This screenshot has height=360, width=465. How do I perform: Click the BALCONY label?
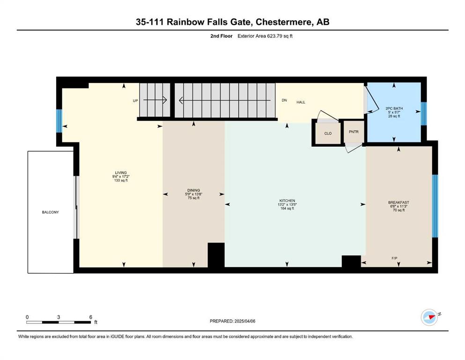point(51,212)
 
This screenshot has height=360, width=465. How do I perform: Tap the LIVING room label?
point(121,172)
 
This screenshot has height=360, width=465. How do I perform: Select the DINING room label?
point(194,190)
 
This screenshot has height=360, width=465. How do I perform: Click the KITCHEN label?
point(287,201)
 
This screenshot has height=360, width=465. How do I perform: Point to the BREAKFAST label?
point(399,202)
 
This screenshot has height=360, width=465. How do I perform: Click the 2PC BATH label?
point(394,109)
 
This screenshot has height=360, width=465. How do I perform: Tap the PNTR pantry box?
point(354,132)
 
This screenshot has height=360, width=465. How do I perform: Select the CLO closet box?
point(328,134)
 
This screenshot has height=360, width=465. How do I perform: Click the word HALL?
point(301,102)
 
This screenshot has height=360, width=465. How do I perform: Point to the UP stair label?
point(135,101)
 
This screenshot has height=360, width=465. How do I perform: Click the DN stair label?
point(284,100)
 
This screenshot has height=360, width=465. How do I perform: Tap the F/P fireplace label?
point(394,258)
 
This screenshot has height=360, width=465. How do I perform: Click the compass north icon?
point(429,317)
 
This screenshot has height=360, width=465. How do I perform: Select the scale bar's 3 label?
point(59,317)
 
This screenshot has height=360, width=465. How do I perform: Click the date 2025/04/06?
point(245,321)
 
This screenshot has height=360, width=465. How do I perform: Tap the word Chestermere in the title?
point(283,22)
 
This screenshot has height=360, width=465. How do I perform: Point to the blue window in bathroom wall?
point(424,113)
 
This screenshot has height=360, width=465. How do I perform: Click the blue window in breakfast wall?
point(435,206)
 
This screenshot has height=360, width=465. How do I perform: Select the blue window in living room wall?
point(59,121)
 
